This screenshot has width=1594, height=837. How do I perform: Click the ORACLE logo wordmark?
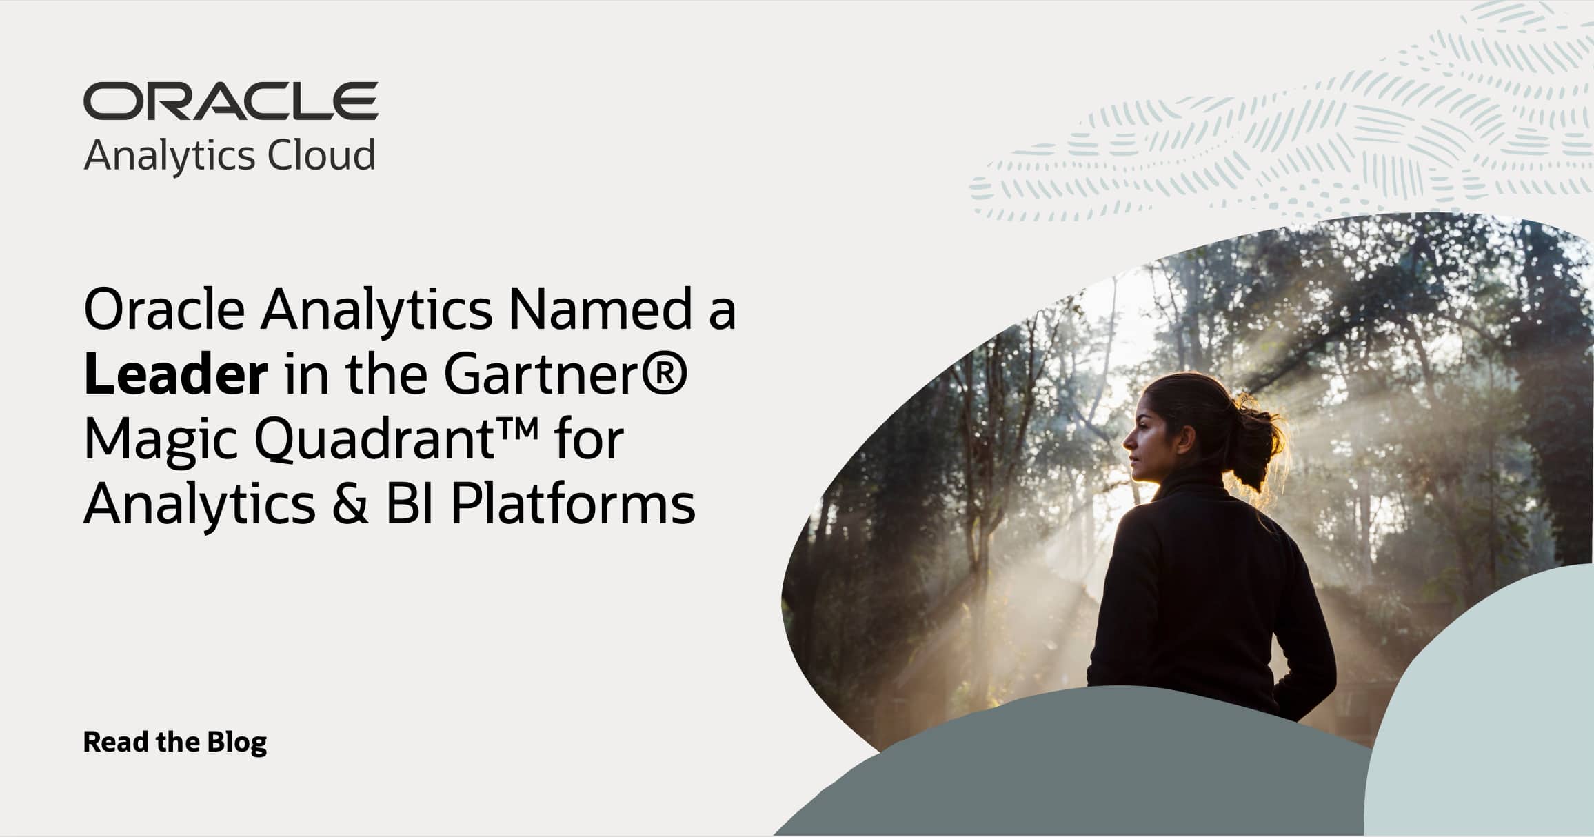click(230, 101)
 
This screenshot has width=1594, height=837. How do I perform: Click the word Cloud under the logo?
click(321, 155)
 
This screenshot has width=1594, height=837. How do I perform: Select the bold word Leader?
click(176, 375)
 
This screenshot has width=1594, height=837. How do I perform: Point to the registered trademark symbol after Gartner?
click(666, 372)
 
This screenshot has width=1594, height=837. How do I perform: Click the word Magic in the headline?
click(161, 441)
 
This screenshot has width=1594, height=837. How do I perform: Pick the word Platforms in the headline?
click(573, 505)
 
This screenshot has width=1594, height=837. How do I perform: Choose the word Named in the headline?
click(600, 310)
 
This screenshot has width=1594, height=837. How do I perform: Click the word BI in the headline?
click(410, 505)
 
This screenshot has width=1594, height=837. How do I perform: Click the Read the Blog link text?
click(175, 743)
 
